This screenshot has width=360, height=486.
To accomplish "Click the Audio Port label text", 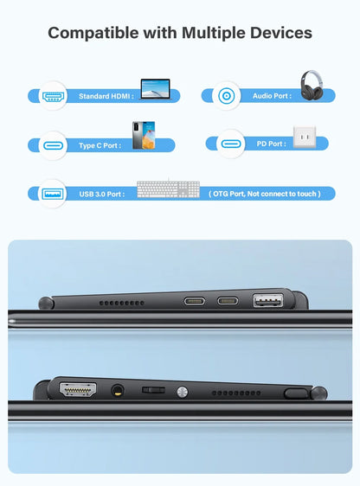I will click(x=271, y=96).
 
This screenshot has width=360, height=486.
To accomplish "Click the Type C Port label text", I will click(x=100, y=144).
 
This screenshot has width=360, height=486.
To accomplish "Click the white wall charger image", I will click(x=305, y=137).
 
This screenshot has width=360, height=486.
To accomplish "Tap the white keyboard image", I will click(x=168, y=190).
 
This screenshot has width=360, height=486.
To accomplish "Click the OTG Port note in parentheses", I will click(x=265, y=194).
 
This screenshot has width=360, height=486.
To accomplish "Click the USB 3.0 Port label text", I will click(x=101, y=194).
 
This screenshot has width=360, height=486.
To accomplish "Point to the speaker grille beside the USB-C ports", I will click(x=120, y=304).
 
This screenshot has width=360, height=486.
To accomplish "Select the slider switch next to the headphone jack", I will click(x=153, y=391).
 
